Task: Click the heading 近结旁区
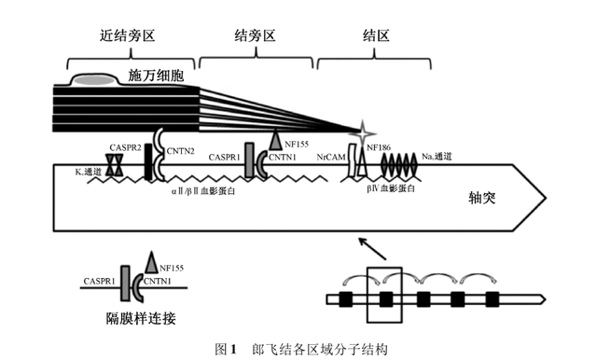click(128, 35)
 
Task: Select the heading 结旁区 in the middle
click(255, 35)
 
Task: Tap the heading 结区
click(376, 35)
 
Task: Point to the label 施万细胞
click(156, 76)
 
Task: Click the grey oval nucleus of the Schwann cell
click(93, 80)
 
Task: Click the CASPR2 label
click(125, 147)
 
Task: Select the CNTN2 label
click(180, 151)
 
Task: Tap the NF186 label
click(379, 147)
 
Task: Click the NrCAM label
click(331, 157)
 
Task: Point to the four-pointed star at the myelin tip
click(363, 133)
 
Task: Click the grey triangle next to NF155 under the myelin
click(275, 140)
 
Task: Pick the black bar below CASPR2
click(148, 162)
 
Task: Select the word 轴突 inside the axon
click(482, 198)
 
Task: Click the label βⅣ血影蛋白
click(391, 188)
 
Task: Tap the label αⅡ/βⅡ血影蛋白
click(203, 190)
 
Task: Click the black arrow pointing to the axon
click(373, 249)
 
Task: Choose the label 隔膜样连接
click(141, 318)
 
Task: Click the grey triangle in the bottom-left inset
click(151, 262)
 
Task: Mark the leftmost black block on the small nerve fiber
click(346, 299)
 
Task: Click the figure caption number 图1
click(226, 349)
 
